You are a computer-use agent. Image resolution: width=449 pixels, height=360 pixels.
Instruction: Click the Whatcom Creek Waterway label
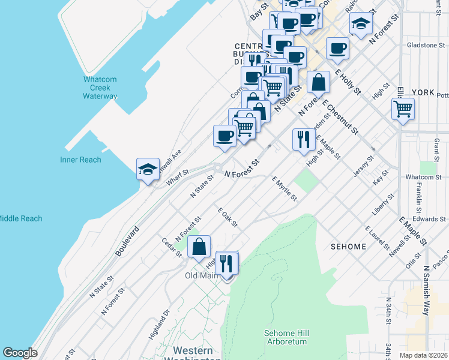[100, 88]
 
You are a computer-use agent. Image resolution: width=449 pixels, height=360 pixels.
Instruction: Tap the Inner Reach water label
[80, 160]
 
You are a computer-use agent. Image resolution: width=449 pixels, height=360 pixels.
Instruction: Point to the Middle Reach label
[20, 218]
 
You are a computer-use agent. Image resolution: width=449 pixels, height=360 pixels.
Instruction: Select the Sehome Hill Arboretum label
[285, 337]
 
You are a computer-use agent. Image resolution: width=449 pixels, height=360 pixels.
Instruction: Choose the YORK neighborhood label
[423, 92]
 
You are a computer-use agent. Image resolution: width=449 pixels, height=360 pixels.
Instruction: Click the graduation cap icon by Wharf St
[147, 169]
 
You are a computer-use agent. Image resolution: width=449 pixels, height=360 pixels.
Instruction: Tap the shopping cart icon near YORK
[403, 109]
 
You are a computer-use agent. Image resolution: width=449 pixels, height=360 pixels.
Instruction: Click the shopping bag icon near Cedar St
[199, 246]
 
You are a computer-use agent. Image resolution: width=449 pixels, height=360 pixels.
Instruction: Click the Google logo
[20, 353]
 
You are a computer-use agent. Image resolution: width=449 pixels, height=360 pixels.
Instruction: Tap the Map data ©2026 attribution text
[423, 355]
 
